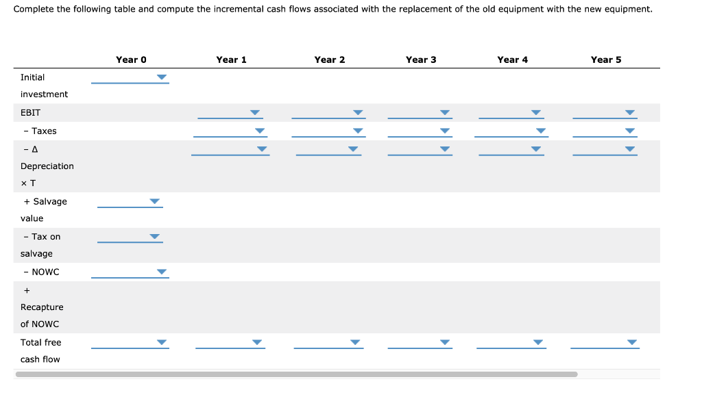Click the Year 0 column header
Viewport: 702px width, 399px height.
pos(131,60)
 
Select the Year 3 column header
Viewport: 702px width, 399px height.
pos(421,60)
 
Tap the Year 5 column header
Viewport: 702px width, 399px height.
pos(606,60)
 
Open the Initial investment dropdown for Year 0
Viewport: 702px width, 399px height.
pos(130,77)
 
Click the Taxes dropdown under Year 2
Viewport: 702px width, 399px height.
pos(328,131)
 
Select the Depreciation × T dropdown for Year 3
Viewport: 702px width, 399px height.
pos(420,149)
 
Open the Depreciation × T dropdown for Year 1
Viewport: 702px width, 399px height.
pos(230,149)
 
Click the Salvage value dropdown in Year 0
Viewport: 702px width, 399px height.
pos(130,202)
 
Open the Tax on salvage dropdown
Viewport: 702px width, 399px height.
pos(130,237)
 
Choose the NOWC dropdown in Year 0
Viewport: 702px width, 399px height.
pos(130,272)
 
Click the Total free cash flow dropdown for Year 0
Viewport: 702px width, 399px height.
pos(130,343)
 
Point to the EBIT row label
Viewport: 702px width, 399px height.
pos(31,112)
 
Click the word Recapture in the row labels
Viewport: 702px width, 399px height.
pos(42,307)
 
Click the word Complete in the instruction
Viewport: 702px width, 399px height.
pos(33,10)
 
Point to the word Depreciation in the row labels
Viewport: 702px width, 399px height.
pos(47,166)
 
